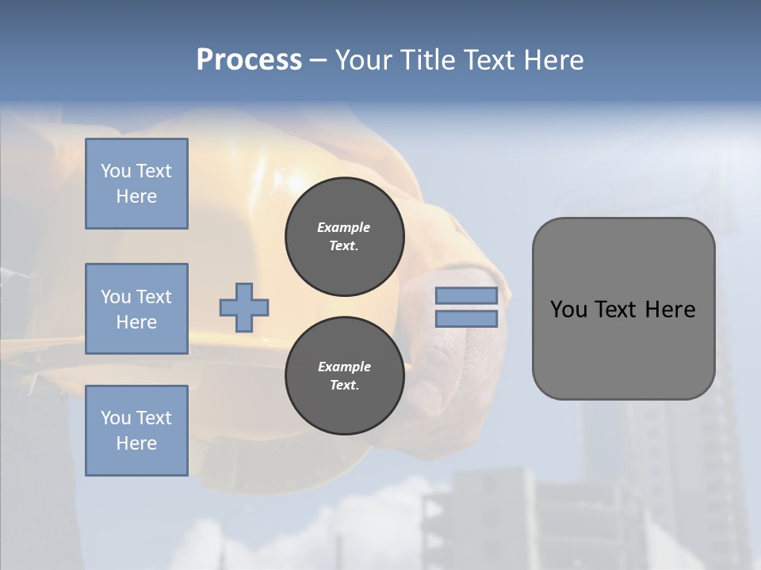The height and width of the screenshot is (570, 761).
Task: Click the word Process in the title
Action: (249, 60)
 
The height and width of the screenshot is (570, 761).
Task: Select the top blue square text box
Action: (136, 184)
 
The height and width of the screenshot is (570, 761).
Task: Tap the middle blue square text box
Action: (136, 309)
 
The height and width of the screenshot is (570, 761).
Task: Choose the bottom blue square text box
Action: (136, 431)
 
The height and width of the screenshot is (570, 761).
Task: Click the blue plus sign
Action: (244, 307)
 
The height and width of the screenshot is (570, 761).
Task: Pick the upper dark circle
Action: (344, 237)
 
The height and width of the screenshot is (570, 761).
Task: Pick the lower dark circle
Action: (344, 376)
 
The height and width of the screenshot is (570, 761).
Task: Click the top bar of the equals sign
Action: (466, 296)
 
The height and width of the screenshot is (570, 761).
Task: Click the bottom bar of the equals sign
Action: (466, 319)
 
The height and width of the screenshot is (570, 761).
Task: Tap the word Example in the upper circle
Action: (344, 227)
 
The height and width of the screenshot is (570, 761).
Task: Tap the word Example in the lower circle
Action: (344, 367)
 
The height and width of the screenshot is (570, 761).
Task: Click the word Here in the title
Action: (555, 60)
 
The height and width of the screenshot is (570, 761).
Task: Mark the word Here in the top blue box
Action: (136, 196)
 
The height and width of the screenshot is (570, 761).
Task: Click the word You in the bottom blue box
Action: (116, 418)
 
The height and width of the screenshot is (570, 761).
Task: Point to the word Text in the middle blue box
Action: (153, 297)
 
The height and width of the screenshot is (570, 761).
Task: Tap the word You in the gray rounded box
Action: (568, 310)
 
